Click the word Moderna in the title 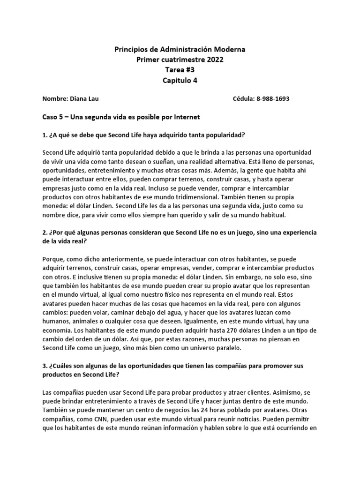point(229,49)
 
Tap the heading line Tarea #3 point(180,70)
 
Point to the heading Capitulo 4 point(180,80)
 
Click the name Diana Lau point(85,99)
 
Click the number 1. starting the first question point(45,135)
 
